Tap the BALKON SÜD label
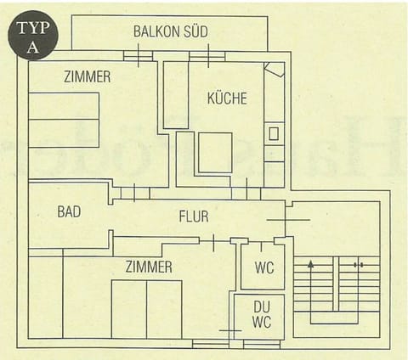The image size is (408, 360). click(170, 31)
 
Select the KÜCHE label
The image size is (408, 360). click(227, 98)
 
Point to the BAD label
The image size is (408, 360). click(69, 211)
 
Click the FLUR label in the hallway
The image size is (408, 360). click(193, 217)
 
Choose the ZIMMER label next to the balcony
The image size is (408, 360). click(87, 77)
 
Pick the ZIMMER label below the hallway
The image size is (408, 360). click(148, 267)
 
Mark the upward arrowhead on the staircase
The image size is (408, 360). click(311, 265)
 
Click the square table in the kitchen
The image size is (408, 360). click(215, 152)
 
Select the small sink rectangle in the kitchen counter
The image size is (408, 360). click(274, 133)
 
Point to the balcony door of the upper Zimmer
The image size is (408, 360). click(138, 58)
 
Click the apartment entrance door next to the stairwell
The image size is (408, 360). click(287, 220)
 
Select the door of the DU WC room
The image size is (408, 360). click(230, 329)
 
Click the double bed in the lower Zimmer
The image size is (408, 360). click(146, 308)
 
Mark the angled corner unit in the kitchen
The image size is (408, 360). click(274, 70)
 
